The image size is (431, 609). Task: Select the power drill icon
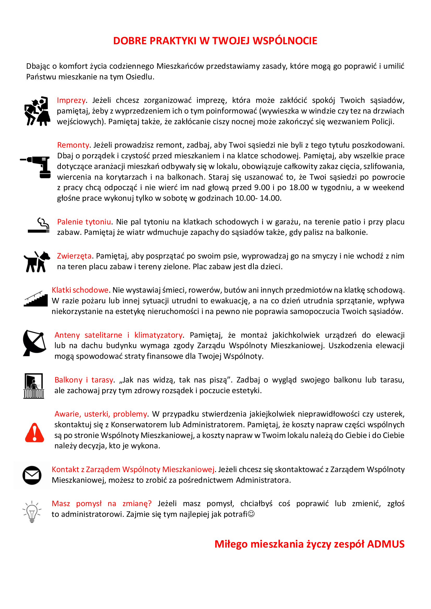38,167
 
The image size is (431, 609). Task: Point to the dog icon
37,261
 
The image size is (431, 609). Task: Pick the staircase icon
35,299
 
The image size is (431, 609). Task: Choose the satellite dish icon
34,343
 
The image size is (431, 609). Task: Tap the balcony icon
34,386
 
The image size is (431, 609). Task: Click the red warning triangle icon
34,433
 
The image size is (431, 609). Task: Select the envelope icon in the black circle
32,475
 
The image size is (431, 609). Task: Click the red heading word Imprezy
71,100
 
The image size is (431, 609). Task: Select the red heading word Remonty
73,145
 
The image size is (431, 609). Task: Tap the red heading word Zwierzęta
74,256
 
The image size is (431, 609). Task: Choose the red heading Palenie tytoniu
84,222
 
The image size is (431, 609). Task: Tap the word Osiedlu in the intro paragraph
139,77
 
